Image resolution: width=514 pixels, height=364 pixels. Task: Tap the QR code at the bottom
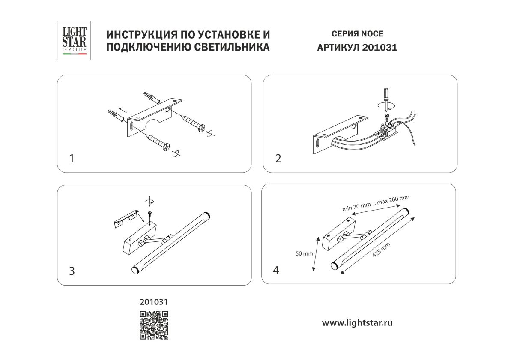[154, 325]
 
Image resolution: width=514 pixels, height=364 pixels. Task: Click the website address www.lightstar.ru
[357, 323]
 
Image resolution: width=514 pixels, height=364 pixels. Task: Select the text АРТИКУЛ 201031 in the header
[357, 48]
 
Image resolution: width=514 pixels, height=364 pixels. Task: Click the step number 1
[72, 159]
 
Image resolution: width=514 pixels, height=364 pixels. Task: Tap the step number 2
[278, 159]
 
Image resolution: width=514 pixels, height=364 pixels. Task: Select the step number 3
[72, 271]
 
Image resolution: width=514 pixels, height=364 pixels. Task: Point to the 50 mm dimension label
[305, 253]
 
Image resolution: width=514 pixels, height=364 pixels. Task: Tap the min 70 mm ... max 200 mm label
[376, 203]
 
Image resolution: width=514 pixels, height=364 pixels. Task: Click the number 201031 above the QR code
[154, 302]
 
